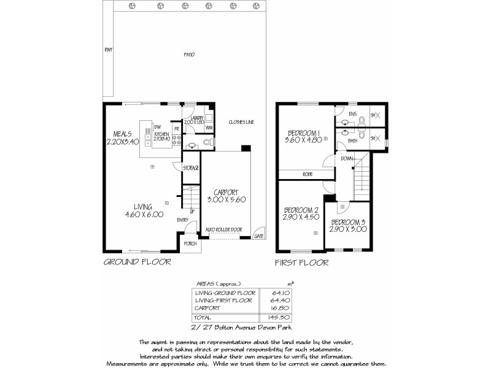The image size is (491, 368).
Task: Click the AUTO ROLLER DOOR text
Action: coord(224,229)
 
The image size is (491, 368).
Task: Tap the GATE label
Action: coord(259,236)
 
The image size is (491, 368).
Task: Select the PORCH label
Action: coord(190,243)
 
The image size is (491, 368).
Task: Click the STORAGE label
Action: coord(190,167)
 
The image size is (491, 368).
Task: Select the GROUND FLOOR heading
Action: coord(136,261)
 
